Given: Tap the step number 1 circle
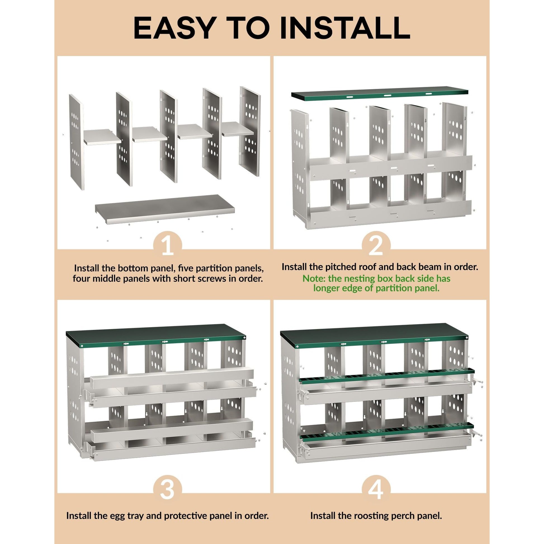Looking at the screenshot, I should coord(168,245).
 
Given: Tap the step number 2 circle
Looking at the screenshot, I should coord(376,245).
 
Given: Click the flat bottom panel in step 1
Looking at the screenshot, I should coord(165,208).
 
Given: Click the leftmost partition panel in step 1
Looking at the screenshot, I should coord(77,141).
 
